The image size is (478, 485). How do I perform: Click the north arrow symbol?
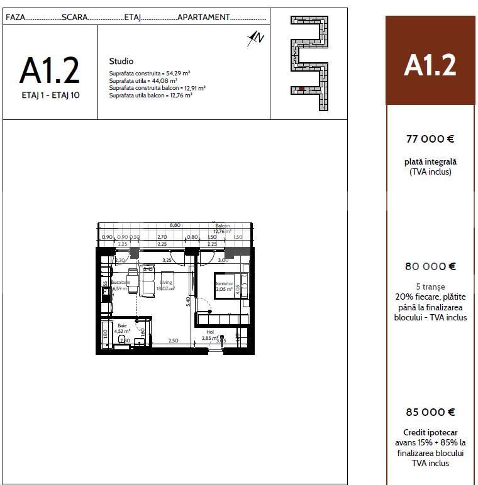point(256,38)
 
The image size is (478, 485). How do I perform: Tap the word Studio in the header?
point(121,62)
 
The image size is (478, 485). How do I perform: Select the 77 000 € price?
point(430,139)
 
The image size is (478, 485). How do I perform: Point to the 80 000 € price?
point(430,266)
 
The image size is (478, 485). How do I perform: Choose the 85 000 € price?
point(430,412)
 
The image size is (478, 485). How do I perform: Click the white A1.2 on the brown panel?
point(430,65)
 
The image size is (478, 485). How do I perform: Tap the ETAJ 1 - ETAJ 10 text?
point(50,95)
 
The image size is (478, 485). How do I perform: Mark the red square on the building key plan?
point(301,89)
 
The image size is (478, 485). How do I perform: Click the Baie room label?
point(122,325)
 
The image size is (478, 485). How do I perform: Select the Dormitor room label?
point(223,284)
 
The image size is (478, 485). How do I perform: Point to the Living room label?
point(166,283)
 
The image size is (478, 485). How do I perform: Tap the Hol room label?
point(210,332)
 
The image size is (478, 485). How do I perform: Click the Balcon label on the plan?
point(223,226)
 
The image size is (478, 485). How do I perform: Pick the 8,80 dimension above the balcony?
point(175,225)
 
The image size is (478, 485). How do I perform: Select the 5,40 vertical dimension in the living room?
point(188,300)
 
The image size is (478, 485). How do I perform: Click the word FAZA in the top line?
point(16,17)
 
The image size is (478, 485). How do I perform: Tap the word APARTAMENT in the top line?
point(204,17)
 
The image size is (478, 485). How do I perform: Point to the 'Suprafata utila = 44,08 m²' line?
point(143,81)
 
